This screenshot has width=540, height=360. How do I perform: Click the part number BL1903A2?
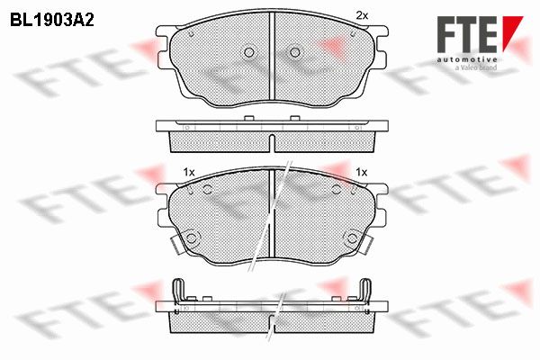point(52,20)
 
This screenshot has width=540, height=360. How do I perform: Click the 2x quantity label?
point(362,15)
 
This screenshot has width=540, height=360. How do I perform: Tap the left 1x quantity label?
point(189,172)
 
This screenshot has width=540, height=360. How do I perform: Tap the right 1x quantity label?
point(362,172)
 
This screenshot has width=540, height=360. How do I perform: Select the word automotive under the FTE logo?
point(467,60)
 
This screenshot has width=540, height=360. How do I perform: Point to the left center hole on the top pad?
point(249,52)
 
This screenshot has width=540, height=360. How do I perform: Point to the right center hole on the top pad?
point(295,52)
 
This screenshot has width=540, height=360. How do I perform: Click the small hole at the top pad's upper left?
point(192,34)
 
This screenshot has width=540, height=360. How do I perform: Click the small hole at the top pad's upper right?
point(352,34)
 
